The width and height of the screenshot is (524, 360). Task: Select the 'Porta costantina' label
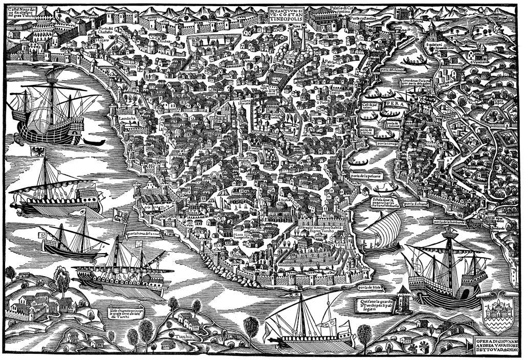pyautogui.click(x=362, y=18)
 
